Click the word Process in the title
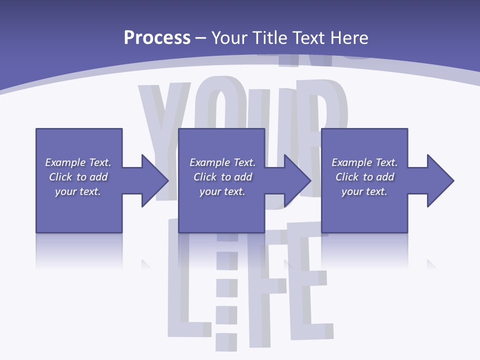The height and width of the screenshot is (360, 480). [x=157, y=38]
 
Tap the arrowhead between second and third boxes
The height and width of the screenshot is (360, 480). [x=297, y=180]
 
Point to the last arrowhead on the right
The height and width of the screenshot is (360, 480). [x=439, y=180]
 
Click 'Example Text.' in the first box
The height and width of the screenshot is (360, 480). [x=78, y=162]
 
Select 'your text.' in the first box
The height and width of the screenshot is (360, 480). [x=78, y=191]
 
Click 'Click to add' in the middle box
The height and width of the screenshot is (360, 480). [x=222, y=177]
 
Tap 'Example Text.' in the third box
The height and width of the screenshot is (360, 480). [x=364, y=162]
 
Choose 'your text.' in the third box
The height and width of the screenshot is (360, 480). [x=364, y=191]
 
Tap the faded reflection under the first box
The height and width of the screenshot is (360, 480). [x=79, y=250]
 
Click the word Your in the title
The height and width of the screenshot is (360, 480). [x=230, y=38]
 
